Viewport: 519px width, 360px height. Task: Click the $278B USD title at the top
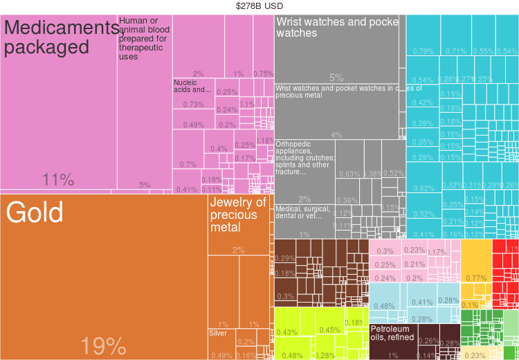pos(259,6)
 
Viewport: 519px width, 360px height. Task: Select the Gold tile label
pos(35,213)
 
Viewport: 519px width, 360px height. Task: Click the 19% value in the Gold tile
pos(103,345)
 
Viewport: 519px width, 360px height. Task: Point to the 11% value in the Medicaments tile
pos(58,180)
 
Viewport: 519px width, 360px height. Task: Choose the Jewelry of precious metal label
pos(237,215)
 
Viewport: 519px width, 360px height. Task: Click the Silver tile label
pos(218,333)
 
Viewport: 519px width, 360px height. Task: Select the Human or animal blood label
pos(143,39)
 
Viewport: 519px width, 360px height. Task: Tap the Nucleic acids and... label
pos(192,86)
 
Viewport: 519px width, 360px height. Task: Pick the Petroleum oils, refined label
pos(392,333)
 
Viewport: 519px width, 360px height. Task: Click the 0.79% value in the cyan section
pos(423,51)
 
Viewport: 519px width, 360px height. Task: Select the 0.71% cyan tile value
pos(456,51)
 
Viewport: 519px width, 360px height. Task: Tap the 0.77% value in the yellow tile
pos(476,278)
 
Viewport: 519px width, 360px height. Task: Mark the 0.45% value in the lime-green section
pos(329,330)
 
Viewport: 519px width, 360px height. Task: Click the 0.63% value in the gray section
pos(348,174)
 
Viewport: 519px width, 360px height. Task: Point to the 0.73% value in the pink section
pos(193,105)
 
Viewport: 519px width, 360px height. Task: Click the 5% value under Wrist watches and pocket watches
pos(336,78)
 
